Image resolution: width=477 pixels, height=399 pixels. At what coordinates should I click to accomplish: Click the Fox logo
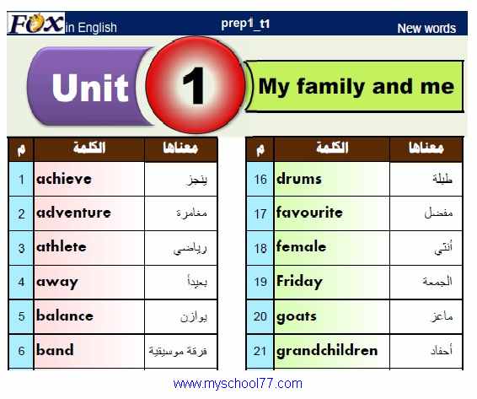pyautogui.click(x=36, y=23)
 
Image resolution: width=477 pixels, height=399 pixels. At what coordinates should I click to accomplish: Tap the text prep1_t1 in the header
pyautogui.click(x=245, y=24)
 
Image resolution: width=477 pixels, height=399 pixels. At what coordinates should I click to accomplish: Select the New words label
pyautogui.click(x=426, y=29)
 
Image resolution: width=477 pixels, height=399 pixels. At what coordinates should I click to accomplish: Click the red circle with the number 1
pyautogui.click(x=196, y=85)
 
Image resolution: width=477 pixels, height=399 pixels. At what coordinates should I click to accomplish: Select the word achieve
pyautogui.click(x=64, y=179)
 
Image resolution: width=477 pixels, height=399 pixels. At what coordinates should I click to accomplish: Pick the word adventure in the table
pyautogui.click(x=73, y=213)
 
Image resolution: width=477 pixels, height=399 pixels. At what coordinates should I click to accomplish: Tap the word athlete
pyautogui.click(x=62, y=246)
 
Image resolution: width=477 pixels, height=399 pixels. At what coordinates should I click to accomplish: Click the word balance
pyautogui.click(x=65, y=315)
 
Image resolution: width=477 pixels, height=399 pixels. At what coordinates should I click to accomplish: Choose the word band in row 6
pyautogui.click(x=55, y=350)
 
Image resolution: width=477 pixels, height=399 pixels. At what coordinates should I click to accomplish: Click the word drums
pyautogui.click(x=298, y=179)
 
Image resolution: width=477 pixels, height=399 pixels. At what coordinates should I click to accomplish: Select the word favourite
pyautogui.click(x=309, y=213)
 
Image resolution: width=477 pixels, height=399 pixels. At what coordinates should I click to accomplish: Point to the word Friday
pyautogui.click(x=299, y=282)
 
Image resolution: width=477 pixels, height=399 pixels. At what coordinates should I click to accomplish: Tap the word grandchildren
pyautogui.click(x=327, y=350)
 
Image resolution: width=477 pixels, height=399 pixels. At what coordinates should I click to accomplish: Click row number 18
pyautogui.click(x=260, y=248)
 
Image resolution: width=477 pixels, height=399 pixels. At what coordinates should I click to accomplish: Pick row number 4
pyautogui.click(x=21, y=282)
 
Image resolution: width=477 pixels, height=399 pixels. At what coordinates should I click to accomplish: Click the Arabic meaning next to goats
pyautogui.click(x=442, y=316)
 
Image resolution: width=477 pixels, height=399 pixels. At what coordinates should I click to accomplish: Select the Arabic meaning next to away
pyautogui.click(x=197, y=282)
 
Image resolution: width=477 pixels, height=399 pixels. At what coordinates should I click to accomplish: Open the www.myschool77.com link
pyautogui.click(x=238, y=384)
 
